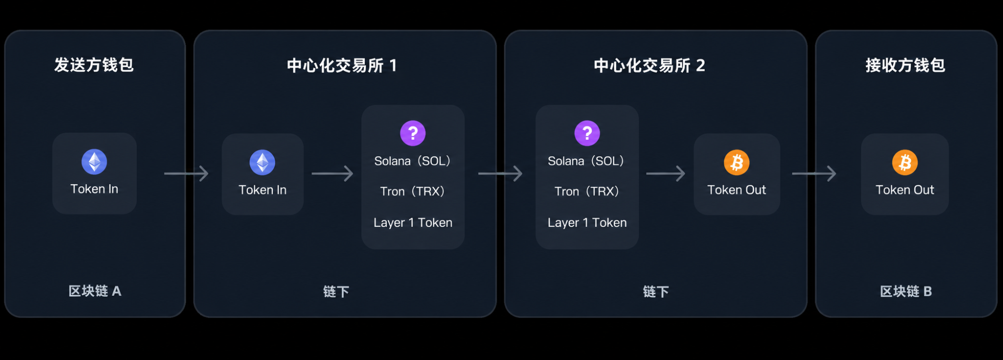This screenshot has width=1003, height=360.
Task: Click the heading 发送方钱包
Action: [94, 65]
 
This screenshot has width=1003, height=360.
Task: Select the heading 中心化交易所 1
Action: [342, 66]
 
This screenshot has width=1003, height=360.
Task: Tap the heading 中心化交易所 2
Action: [649, 66]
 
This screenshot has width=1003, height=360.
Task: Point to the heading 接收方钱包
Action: [905, 65]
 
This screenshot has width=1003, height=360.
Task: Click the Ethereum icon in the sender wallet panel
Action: [95, 162]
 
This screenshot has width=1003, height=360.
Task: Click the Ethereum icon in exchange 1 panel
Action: [263, 163]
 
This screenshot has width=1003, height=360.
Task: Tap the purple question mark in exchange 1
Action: [413, 133]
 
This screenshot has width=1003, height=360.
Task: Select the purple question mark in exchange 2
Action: [587, 133]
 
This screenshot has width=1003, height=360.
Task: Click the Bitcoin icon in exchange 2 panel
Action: [737, 163]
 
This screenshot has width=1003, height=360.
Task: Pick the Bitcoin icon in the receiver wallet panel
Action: [905, 163]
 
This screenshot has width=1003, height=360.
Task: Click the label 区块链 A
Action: [95, 291]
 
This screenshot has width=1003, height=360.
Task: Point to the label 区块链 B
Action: [906, 291]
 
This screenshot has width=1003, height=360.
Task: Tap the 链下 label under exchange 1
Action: [336, 292]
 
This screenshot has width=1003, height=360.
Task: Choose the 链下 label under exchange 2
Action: [656, 292]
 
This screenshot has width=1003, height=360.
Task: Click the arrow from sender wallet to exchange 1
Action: [186, 173]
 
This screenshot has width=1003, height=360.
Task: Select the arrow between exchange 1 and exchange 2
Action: [500, 173]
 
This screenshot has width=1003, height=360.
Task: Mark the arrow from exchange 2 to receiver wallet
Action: [814, 173]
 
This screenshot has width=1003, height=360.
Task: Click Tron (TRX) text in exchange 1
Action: [412, 192]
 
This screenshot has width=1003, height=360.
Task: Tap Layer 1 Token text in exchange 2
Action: [587, 223]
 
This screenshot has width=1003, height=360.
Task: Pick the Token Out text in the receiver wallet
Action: [905, 190]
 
